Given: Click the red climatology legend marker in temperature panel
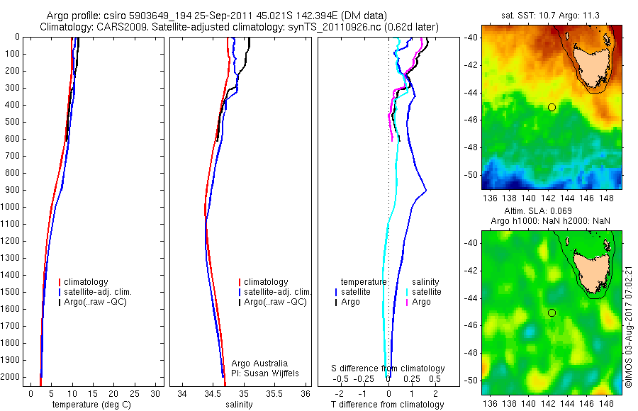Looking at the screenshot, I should (60, 282).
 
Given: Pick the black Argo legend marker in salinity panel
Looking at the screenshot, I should (240, 302).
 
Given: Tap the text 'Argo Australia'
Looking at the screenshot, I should (260, 363).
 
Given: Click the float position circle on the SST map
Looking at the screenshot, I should (552, 107).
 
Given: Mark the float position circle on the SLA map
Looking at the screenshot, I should (552, 313).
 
